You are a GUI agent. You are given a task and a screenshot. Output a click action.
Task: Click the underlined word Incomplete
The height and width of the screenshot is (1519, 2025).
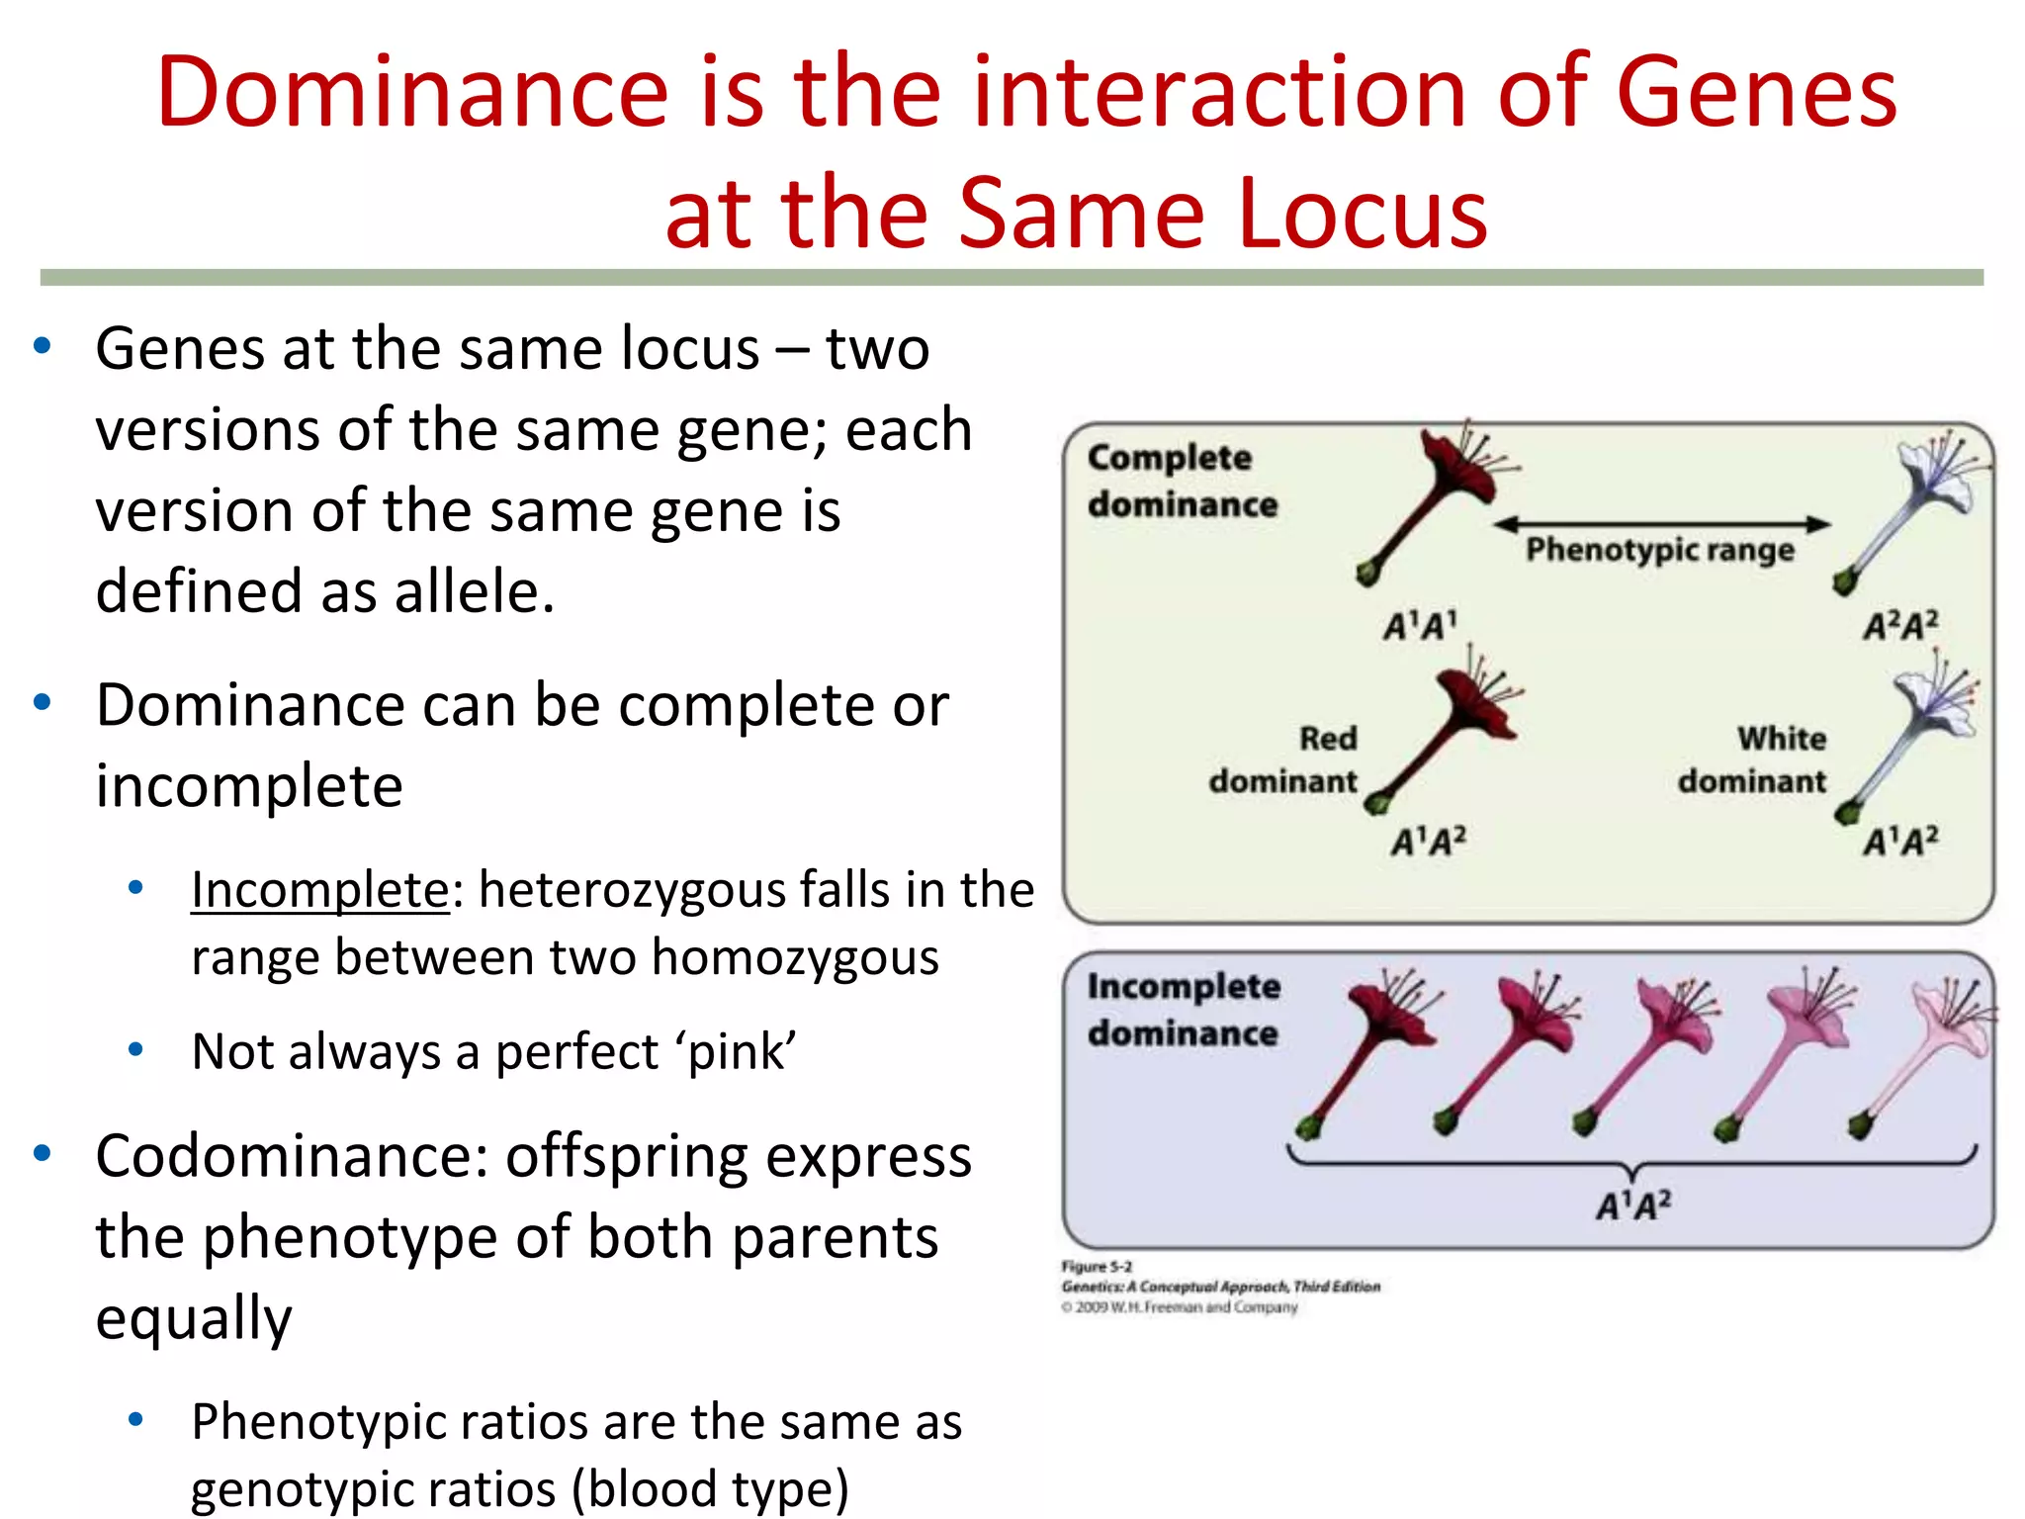320,889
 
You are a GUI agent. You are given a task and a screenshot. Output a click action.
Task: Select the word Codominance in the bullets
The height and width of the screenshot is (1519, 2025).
292,1156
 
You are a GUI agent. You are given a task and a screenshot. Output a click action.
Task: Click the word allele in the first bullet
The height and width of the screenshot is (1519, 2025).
473,591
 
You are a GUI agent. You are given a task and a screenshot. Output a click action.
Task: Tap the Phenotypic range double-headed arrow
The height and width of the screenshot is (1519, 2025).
1661,524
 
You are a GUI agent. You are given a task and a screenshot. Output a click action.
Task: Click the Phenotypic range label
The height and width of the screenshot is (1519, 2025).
1659,550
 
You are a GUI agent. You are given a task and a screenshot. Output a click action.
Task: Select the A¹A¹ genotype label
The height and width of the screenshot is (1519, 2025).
1420,626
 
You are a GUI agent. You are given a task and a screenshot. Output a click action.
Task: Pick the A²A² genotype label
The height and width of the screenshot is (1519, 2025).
1900,626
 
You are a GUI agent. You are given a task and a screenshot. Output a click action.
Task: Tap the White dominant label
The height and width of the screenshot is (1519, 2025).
1752,759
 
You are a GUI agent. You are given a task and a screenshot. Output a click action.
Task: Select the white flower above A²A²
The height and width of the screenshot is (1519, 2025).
1913,504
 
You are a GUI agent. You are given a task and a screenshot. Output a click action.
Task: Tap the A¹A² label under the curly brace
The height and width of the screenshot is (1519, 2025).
1633,1206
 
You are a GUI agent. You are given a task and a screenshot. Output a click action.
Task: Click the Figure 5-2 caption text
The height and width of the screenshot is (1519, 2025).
1097,1267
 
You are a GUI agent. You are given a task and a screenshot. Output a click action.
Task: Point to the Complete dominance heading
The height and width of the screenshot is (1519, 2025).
1182,481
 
